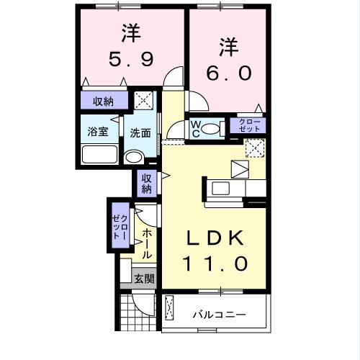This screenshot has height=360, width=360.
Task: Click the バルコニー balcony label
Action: tap(219, 315)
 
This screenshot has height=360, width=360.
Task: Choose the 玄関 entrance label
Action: tap(143, 278)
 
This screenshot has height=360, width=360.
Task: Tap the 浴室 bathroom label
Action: tap(97, 132)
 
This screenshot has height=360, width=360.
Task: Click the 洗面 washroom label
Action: tap(140, 133)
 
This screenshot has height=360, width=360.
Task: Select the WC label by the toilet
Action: tap(194, 128)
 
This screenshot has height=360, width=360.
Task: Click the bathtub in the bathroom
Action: tap(100, 154)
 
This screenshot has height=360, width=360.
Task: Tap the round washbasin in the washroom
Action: tap(134, 157)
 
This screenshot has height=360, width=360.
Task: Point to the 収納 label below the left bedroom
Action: tap(103, 101)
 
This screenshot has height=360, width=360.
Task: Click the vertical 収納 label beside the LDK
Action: tap(145, 184)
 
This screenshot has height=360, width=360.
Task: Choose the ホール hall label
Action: tap(146, 243)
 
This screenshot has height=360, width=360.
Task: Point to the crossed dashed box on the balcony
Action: tap(169, 310)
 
